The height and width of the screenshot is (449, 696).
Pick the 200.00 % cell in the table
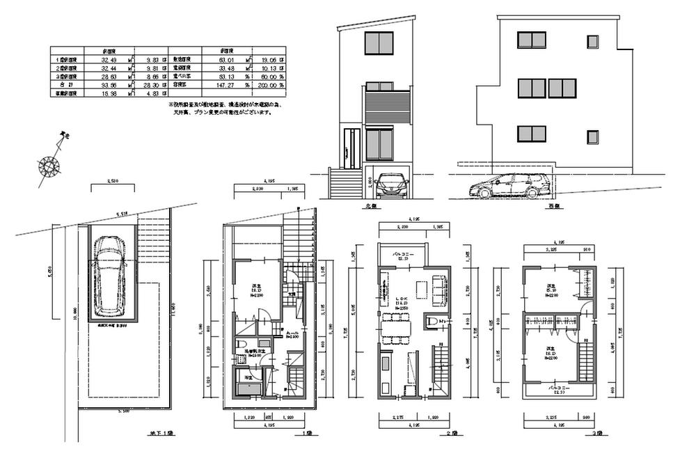[273, 84]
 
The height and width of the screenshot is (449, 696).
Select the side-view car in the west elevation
[506, 186]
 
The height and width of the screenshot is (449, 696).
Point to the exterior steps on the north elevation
[345, 184]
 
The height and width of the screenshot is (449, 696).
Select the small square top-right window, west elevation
[592, 42]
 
